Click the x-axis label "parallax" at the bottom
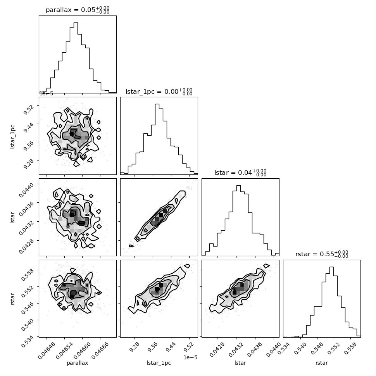coord(77,363)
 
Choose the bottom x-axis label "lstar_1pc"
coord(159,363)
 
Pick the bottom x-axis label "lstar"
coord(240,363)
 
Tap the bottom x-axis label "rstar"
coord(322,363)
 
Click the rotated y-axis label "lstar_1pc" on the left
coord(12,137)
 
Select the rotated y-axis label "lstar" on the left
coord(12,218)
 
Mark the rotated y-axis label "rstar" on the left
coord(13,299)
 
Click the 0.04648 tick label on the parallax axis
coord(47,350)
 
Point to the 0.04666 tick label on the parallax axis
coord(100,350)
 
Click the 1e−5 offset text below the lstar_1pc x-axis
coord(190,357)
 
